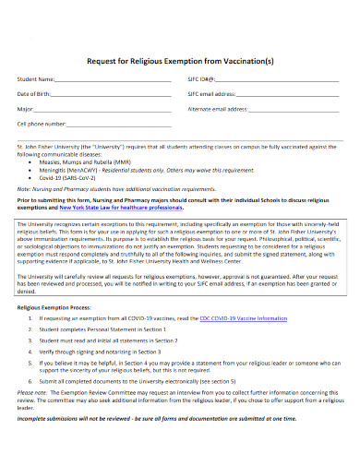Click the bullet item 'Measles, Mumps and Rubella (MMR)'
point(89,158)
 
